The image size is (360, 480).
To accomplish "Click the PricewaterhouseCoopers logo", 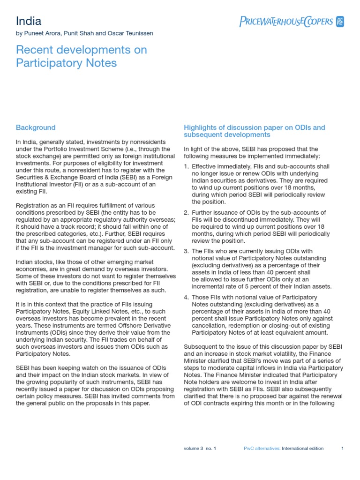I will coord(292,22).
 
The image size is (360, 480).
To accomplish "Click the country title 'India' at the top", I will coord(29,21).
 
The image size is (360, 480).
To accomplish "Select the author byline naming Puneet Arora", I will coord(84,33).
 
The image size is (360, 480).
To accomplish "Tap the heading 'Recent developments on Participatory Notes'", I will coord(81,56).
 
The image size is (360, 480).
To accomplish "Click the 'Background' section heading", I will coord(36,127).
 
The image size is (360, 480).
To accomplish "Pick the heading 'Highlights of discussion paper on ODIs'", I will coord(254,131).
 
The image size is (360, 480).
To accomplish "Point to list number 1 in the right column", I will coord(186,166).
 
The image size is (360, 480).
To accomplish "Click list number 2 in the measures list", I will coord(186,213).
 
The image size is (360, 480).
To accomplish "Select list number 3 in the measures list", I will coord(186,251).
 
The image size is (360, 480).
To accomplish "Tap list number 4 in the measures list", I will coord(186,297).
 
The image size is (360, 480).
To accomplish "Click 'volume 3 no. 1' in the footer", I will coord(200,448).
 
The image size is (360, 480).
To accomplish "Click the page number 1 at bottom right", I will coord(342,448).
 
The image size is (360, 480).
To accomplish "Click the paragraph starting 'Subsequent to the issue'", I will coord(263,375).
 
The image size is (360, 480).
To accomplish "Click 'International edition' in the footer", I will coord(303,448).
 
